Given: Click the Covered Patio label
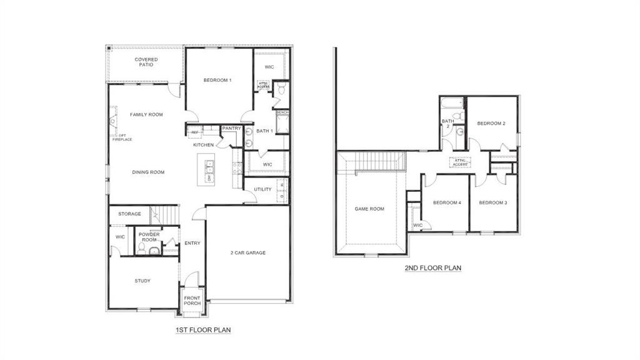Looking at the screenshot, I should click(146, 62).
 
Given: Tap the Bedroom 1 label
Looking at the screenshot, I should click(217, 80).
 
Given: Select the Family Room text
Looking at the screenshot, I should click(146, 114).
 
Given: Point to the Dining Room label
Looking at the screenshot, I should click(148, 172).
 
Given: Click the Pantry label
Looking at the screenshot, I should click(231, 128).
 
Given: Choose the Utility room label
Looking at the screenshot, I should click(262, 189).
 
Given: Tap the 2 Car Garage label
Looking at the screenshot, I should click(249, 252).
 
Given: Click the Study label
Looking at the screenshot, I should click(142, 281).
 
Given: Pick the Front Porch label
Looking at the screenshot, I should click(192, 301).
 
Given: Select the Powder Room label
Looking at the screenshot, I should click(149, 237).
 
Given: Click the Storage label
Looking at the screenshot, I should click(129, 214).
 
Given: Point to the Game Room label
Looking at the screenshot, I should click(369, 209).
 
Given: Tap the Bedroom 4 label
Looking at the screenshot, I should click(447, 202).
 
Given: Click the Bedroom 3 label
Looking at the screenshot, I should click(493, 202).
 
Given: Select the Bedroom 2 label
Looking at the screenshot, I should click(491, 123).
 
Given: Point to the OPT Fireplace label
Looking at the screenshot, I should click(122, 137).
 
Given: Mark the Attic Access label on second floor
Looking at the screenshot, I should click(461, 162).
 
